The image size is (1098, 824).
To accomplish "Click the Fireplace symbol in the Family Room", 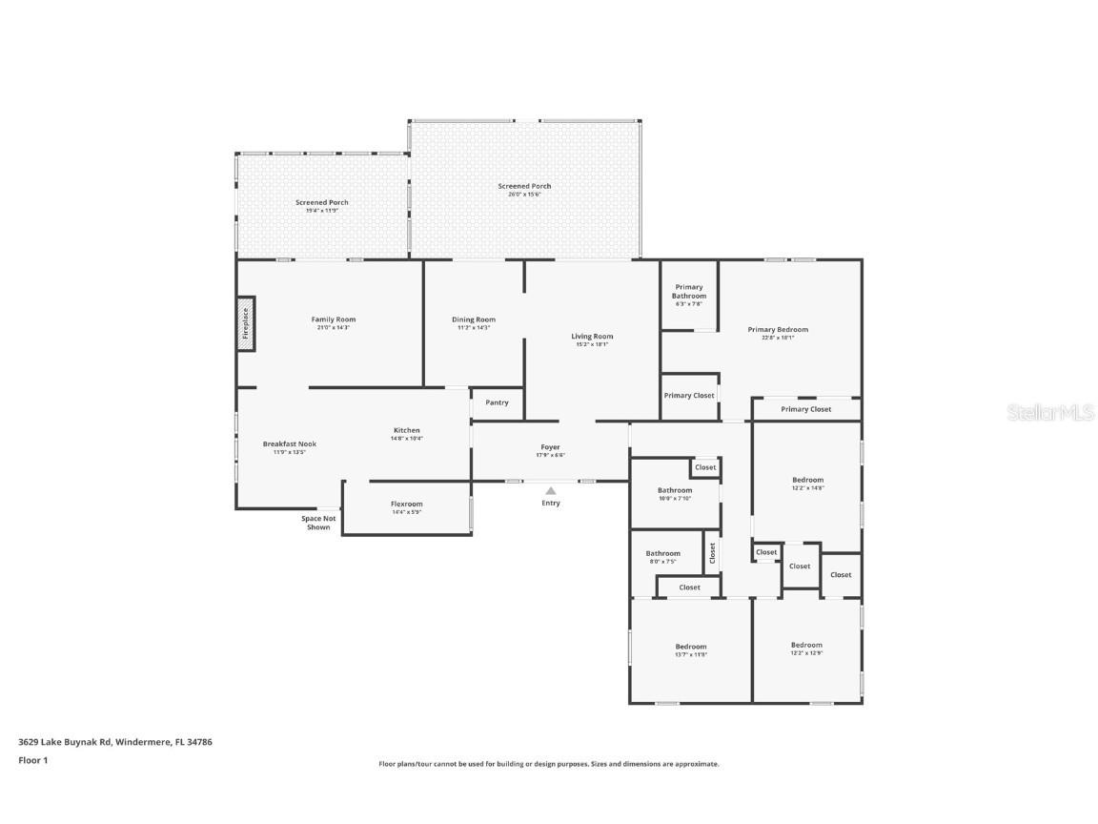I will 246,323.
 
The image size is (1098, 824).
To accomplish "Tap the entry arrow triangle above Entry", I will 550,490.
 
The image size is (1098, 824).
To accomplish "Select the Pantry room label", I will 497,402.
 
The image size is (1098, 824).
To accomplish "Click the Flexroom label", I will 406,504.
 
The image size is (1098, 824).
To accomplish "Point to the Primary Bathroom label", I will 689,291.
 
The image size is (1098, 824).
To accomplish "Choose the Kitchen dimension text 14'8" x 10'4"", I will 407,439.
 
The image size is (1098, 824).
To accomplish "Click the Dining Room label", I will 474,319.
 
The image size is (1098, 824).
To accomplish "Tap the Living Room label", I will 592,336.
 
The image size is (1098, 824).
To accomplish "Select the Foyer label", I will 551,446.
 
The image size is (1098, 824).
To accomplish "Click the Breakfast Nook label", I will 290,443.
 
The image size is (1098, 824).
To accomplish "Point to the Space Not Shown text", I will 318,523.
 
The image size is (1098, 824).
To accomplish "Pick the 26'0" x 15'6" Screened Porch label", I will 524,186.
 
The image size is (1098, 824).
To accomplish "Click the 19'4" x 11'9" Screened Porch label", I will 322,202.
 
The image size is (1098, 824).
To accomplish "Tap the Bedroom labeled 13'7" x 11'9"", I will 691,647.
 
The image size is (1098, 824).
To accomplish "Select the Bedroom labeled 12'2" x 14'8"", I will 807,480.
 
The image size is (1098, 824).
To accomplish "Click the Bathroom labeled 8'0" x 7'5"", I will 663,553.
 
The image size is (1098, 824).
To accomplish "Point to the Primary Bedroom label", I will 778,330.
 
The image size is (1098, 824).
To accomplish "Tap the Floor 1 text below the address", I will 32,760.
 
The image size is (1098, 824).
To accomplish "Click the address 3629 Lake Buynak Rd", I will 114,741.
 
